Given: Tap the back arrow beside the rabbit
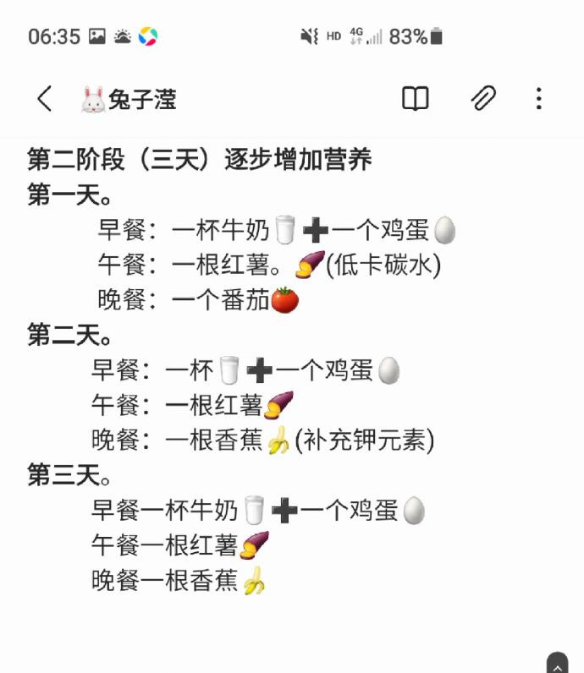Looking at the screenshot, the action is point(44,99).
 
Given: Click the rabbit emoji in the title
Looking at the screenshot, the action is point(93,100).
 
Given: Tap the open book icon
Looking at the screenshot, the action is point(415,99).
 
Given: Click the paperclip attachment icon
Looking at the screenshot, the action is point(483,98).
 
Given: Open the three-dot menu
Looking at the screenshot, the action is point(539,99).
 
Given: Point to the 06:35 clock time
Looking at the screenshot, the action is point(54,36).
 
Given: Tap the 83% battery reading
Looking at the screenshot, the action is point(408,36).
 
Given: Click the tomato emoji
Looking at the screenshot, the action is point(285,299).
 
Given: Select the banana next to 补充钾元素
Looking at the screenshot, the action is point(278,440).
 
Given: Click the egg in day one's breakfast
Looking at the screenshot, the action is point(444,230).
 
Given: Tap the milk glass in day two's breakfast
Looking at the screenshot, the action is point(229,370).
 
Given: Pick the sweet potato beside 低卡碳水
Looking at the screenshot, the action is point(310,265).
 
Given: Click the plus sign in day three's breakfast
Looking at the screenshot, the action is point(284,511).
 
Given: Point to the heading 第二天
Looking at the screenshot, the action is point(69,335).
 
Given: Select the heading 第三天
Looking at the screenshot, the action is point(69,474).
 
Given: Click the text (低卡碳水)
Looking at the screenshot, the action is point(383,265).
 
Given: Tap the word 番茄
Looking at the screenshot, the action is point(245,299).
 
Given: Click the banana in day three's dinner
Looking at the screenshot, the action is point(254,580).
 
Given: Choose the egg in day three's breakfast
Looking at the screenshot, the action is point(414,511).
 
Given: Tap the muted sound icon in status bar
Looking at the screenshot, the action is point(310,36).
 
